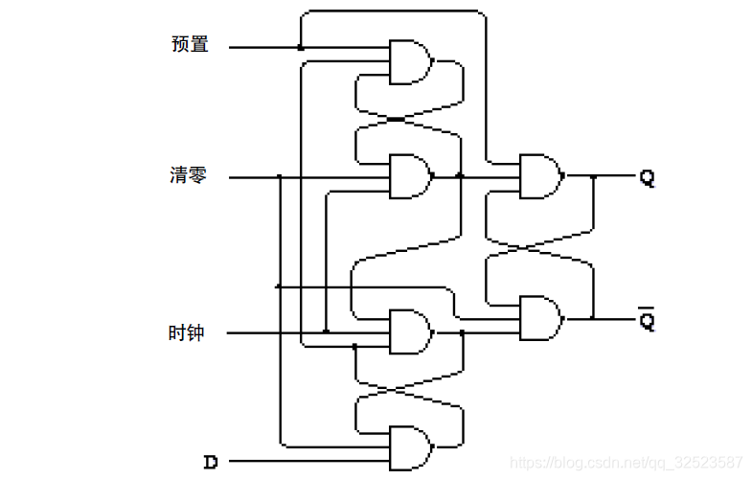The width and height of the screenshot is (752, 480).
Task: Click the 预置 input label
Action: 189,44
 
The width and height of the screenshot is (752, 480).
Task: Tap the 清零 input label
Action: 188,175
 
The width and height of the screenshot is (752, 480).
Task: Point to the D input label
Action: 211,462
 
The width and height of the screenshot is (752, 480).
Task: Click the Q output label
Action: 648,177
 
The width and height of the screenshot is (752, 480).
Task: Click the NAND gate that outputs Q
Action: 538,176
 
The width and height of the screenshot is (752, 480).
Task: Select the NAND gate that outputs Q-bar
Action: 538,317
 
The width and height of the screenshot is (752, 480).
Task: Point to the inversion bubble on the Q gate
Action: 562,176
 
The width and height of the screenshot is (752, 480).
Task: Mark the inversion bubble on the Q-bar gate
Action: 562,317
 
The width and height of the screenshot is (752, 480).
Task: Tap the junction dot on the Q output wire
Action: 594,176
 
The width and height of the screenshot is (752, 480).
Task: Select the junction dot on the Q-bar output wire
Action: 594,318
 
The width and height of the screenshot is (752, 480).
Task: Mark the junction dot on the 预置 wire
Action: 300,47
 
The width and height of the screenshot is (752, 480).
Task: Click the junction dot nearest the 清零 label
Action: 279,176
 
